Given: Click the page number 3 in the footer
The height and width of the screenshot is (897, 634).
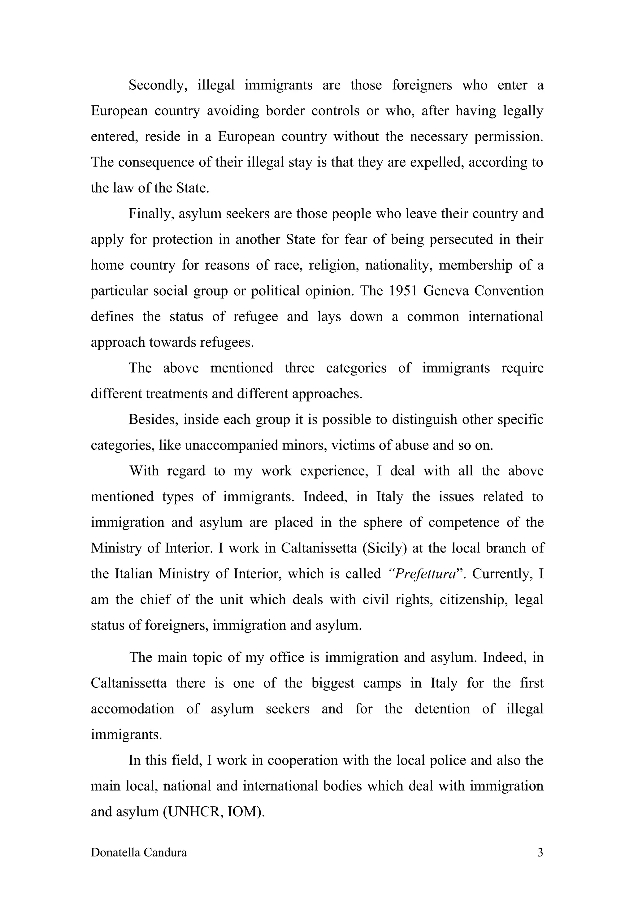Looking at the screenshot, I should click(540, 852).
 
